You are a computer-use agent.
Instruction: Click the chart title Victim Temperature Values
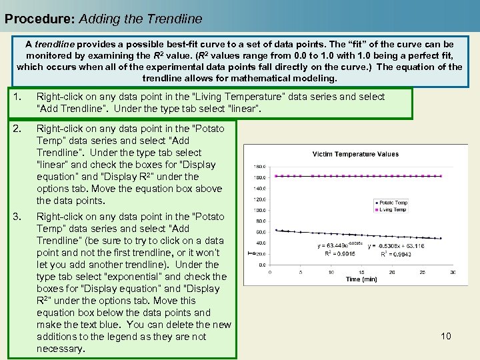(x=355, y=154)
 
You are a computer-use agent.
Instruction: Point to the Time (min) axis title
(x=362, y=279)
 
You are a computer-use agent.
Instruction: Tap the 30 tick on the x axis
(x=453, y=272)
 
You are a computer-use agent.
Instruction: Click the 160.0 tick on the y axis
(x=260, y=177)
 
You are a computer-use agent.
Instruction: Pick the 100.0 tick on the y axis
(x=260, y=210)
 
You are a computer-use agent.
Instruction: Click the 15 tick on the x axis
(x=361, y=272)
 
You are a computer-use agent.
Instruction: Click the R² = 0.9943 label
(x=397, y=254)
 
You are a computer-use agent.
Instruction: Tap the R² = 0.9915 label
(x=339, y=254)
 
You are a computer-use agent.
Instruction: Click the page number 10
(x=446, y=336)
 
